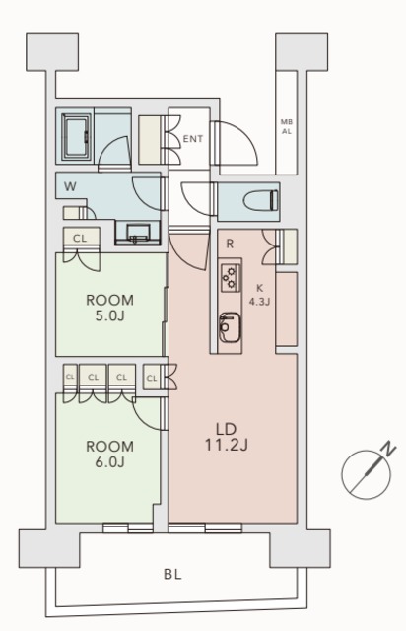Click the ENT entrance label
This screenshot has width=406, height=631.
coord(193,139)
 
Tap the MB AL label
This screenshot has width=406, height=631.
coord(287,126)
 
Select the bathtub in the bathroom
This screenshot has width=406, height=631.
coord(76,137)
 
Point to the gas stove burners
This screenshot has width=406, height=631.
coord(231,277)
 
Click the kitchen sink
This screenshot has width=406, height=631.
coord(230,327)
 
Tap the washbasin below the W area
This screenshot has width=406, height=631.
coord(138,234)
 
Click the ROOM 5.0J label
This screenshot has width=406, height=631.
coord(109,308)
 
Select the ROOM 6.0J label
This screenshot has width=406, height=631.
coord(109,454)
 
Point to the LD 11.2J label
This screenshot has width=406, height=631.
coord(226,437)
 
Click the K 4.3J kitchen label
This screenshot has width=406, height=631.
coord(259,295)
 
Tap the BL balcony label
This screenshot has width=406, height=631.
coord(172,574)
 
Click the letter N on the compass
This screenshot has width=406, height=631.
coord(388,449)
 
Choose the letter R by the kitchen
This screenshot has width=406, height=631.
coord(230,244)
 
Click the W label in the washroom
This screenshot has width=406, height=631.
coord(70,186)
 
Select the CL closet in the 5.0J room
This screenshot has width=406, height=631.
coord(81,238)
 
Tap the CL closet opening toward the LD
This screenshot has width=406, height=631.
coord(152,378)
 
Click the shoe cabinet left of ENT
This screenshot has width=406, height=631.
coord(150,140)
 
